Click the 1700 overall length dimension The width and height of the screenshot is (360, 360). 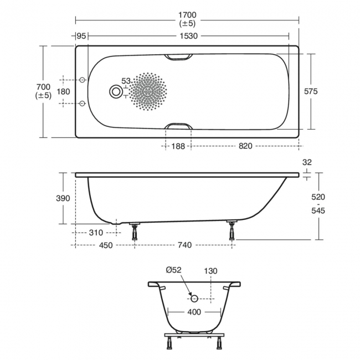pos(187,15)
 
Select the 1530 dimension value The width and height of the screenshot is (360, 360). pos(187,36)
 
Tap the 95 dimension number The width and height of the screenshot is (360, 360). pos(81,36)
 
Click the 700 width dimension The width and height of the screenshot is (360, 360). pos(43,87)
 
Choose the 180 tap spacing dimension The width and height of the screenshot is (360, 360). pos(64,91)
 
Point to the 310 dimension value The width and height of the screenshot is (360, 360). pos(96,233)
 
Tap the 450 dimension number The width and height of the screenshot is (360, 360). pos(105,245)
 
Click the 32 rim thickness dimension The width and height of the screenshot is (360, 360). pos(308,163)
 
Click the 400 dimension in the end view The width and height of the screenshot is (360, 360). pos(194,312)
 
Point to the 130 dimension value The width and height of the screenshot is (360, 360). pos(210,270)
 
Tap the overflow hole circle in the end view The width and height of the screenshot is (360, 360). pos(194,298)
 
